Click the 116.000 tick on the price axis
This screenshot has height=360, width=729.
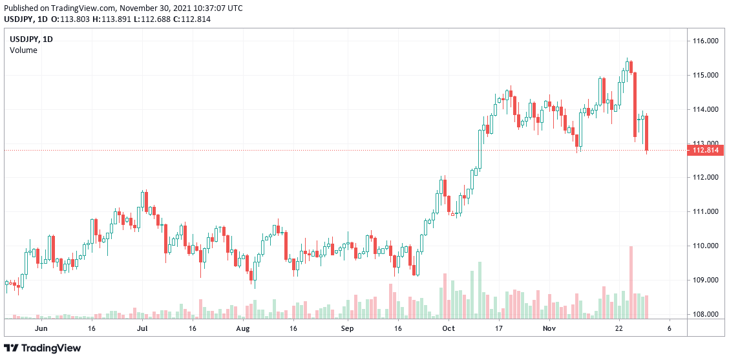point(705,41)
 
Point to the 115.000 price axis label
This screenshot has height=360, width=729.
point(705,76)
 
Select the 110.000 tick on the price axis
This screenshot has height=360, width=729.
point(705,246)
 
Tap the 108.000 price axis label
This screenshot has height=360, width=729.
point(705,315)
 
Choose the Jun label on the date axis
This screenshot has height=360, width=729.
point(41,328)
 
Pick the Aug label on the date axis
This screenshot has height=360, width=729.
point(242,328)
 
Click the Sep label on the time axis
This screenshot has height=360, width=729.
point(348,328)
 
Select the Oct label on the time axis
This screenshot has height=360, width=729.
point(449,328)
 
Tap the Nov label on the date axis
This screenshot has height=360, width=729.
point(549,328)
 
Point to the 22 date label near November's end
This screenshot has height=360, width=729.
point(618,328)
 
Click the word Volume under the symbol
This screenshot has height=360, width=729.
point(23,50)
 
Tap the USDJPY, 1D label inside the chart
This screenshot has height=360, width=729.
point(31,39)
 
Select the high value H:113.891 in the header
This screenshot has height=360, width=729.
point(105,19)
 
